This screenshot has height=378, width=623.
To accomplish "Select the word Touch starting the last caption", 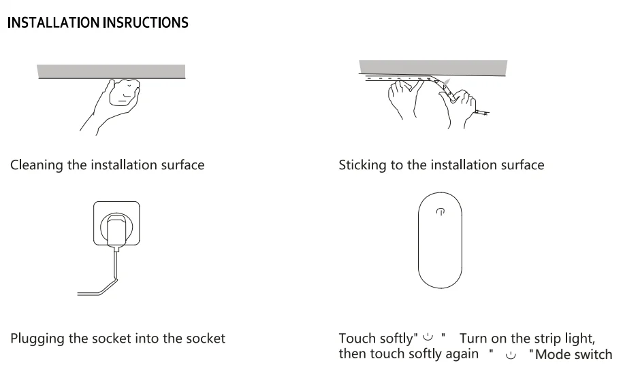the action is point(355,338).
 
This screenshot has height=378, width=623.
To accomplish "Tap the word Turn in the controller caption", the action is point(473,338).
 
